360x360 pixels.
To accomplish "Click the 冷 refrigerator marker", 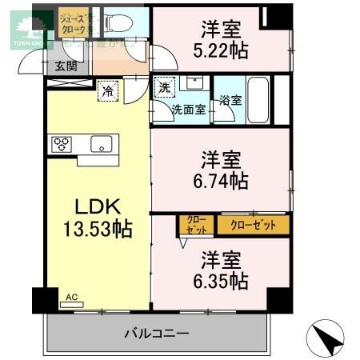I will [x=106, y=92].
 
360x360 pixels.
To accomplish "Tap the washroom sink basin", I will [x=193, y=82].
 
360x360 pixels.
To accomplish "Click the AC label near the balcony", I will [x=71, y=298].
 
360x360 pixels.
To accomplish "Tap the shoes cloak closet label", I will [x=78, y=22].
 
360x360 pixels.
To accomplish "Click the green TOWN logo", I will [x=18, y=27].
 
